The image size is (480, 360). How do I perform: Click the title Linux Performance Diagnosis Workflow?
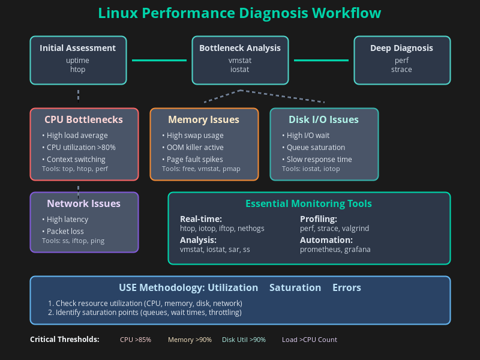(239, 13)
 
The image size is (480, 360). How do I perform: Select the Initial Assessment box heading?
(78, 48)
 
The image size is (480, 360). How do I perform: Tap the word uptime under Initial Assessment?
(78, 61)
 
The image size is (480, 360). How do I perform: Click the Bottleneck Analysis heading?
(240, 48)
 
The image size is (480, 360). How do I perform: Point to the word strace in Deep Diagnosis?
(402, 70)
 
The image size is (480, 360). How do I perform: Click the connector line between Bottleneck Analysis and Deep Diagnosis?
(321, 60)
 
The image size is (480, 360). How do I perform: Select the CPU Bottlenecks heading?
(84, 119)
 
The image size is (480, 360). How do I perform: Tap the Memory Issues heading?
(204, 119)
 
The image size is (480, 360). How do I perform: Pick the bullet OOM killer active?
(196, 148)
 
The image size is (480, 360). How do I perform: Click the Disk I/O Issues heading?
(324, 119)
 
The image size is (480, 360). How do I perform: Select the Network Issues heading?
(84, 203)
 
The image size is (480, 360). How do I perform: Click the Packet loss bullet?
(65, 232)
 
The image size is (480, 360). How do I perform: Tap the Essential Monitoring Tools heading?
(308, 203)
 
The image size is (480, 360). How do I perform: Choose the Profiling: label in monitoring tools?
(319, 219)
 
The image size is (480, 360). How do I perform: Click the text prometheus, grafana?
(335, 250)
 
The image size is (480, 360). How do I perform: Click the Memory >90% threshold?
(190, 340)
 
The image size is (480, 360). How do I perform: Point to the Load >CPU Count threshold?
(310, 340)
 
